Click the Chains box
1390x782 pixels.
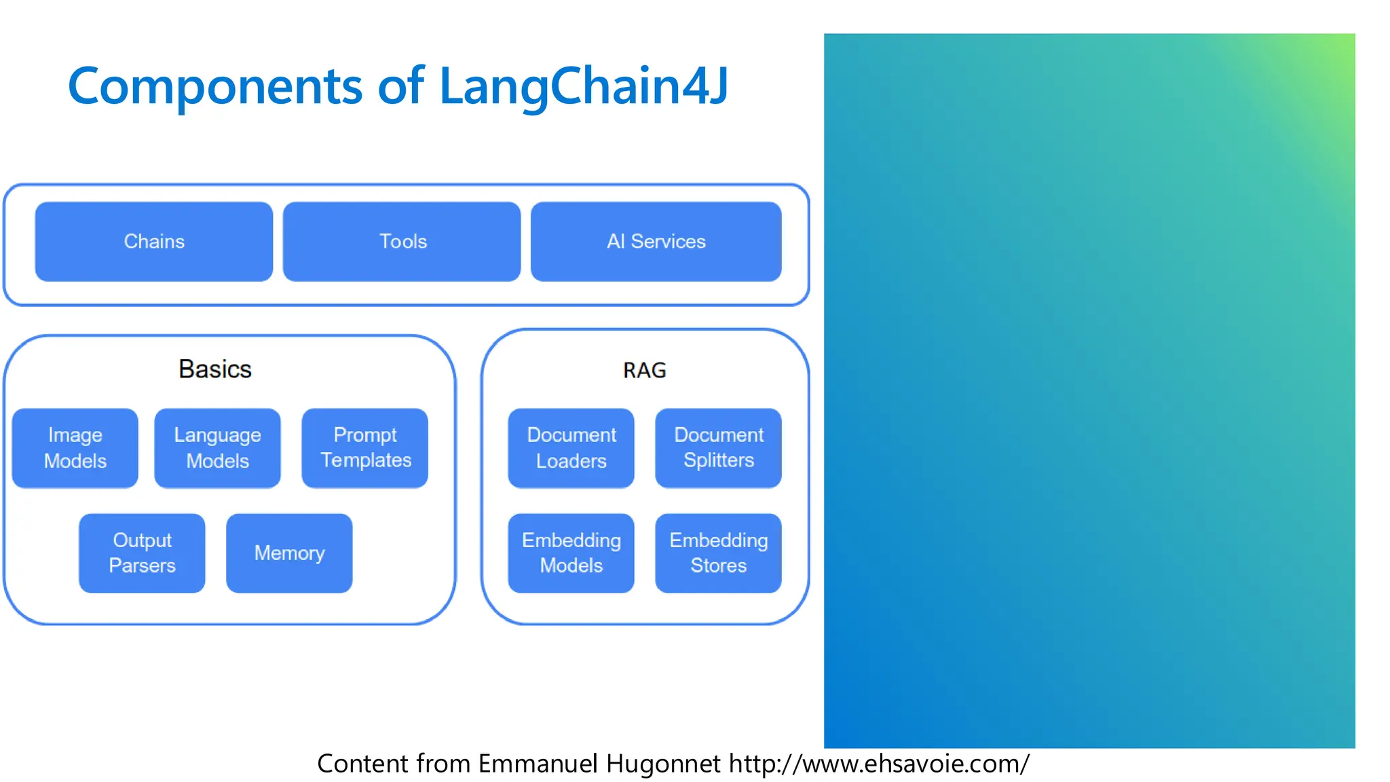click(154, 242)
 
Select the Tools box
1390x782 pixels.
click(402, 242)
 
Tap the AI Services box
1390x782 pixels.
click(656, 242)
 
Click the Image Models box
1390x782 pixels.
click(75, 448)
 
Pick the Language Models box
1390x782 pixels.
click(217, 448)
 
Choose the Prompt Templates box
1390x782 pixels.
click(365, 448)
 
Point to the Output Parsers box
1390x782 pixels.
click(142, 553)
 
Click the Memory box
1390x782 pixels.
click(289, 553)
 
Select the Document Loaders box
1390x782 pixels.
click(571, 448)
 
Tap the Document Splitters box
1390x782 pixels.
click(718, 448)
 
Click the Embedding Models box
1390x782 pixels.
click(571, 553)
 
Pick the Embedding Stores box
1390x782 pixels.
click(718, 553)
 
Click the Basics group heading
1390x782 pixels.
click(214, 369)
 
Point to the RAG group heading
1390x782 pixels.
click(644, 371)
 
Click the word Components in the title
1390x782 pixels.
click(215, 87)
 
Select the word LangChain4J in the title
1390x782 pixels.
click(584, 87)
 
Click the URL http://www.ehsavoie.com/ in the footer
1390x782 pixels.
click(879, 764)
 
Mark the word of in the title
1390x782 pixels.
click(400, 87)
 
